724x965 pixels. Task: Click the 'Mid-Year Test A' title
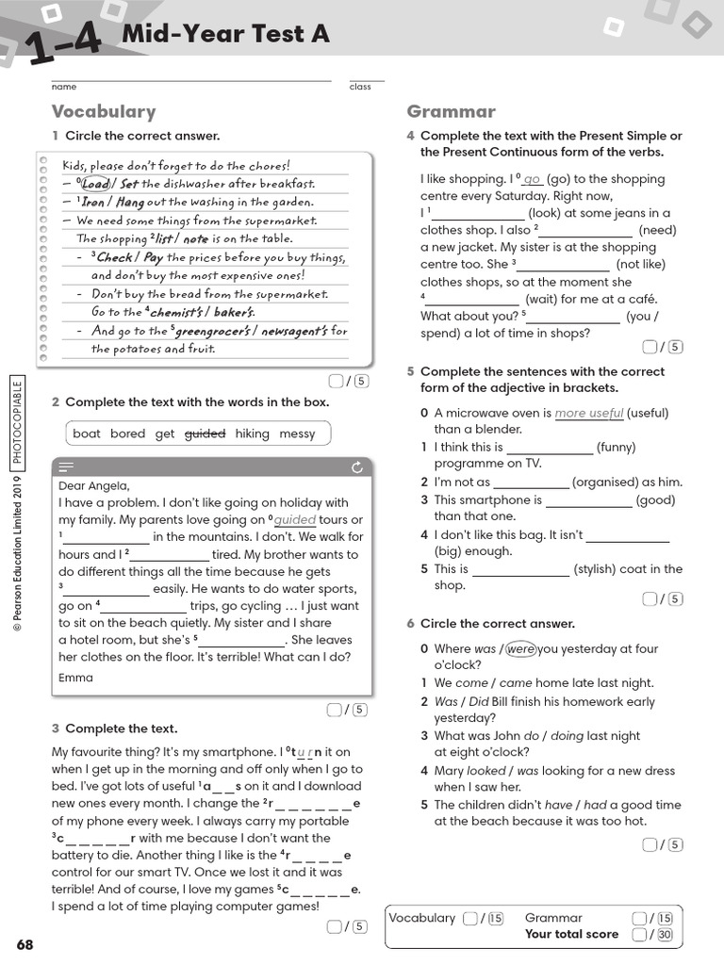226,35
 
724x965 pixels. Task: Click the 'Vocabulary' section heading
104,111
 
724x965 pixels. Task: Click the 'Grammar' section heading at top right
451,111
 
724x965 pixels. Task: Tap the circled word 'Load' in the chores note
96,184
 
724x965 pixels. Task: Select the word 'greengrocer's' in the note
212,331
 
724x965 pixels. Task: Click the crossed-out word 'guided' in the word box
205,433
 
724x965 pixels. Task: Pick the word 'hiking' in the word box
252,433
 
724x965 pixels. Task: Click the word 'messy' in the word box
297,433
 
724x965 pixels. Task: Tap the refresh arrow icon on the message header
356,466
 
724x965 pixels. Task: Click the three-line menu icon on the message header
66,466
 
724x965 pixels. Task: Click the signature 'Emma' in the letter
75,678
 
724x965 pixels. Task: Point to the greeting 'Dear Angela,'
93,485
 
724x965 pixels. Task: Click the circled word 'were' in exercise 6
520,648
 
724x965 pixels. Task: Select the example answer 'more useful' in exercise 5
589,413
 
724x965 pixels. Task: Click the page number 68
25,944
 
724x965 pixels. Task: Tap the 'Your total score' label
571,934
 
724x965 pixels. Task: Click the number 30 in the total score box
665,935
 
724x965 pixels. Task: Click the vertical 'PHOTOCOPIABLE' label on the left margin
17,422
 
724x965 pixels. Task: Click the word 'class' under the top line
360,87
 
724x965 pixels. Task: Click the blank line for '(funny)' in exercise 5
550,449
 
